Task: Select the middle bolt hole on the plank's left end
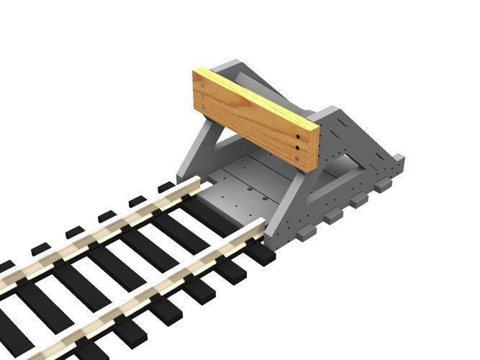point(201,94)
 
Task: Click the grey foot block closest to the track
point(306,232)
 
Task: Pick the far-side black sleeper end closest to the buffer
point(166,187)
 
